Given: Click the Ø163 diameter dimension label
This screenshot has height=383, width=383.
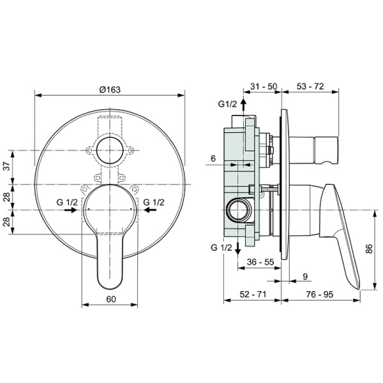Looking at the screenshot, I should (x=109, y=89).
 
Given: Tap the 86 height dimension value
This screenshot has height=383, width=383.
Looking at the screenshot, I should (x=369, y=249).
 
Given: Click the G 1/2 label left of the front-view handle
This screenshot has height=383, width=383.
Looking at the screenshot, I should (x=66, y=202).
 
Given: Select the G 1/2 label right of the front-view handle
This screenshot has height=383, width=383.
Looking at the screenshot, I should (x=153, y=202).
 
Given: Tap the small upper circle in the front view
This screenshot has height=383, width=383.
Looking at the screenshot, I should (x=110, y=151).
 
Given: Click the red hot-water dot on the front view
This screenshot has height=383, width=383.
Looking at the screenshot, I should (x=89, y=209).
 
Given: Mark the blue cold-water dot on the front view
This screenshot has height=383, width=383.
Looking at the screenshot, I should (x=131, y=209).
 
